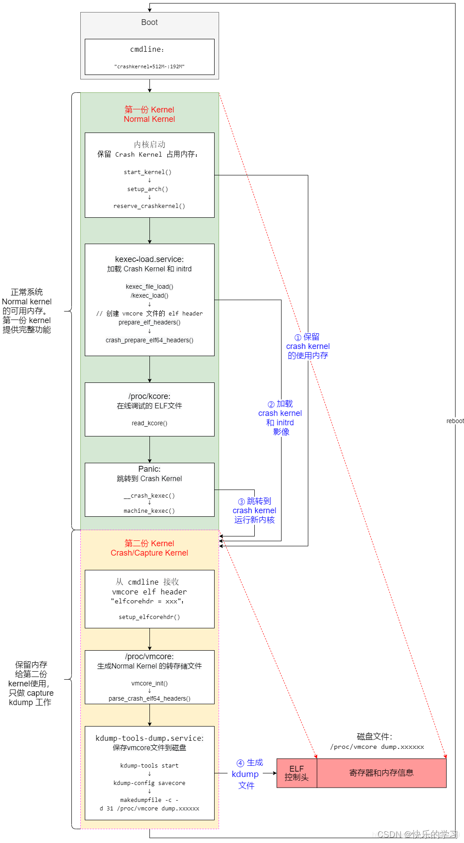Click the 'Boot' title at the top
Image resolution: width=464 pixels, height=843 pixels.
click(x=149, y=22)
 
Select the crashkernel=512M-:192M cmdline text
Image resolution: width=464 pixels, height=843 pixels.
click(x=149, y=66)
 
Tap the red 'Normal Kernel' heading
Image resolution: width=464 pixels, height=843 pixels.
click(x=149, y=119)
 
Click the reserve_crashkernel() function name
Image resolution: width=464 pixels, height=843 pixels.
click(x=149, y=206)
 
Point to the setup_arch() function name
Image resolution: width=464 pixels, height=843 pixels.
click(x=148, y=189)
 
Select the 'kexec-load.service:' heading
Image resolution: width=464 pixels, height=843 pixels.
click(x=149, y=259)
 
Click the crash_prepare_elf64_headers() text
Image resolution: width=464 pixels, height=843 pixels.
click(x=149, y=340)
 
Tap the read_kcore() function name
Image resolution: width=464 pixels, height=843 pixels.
click(x=149, y=423)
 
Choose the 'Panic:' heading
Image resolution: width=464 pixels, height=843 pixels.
click(x=149, y=469)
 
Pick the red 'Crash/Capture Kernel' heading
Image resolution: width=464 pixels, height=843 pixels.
click(x=149, y=553)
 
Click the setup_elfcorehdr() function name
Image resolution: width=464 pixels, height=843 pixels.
click(x=149, y=617)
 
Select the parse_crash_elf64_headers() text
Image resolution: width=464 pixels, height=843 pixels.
click(x=149, y=698)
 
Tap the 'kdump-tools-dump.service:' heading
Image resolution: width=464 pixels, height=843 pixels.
click(x=149, y=738)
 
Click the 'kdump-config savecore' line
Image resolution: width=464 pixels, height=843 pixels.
click(x=149, y=783)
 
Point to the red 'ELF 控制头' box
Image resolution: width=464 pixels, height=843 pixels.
click(x=297, y=773)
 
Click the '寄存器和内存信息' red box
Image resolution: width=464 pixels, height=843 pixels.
click(x=381, y=773)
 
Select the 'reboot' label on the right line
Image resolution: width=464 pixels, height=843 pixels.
click(x=455, y=421)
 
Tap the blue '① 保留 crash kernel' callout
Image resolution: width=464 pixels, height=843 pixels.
click(x=308, y=346)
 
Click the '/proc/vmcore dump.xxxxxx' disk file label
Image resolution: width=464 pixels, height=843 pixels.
click(x=377, y=747)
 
